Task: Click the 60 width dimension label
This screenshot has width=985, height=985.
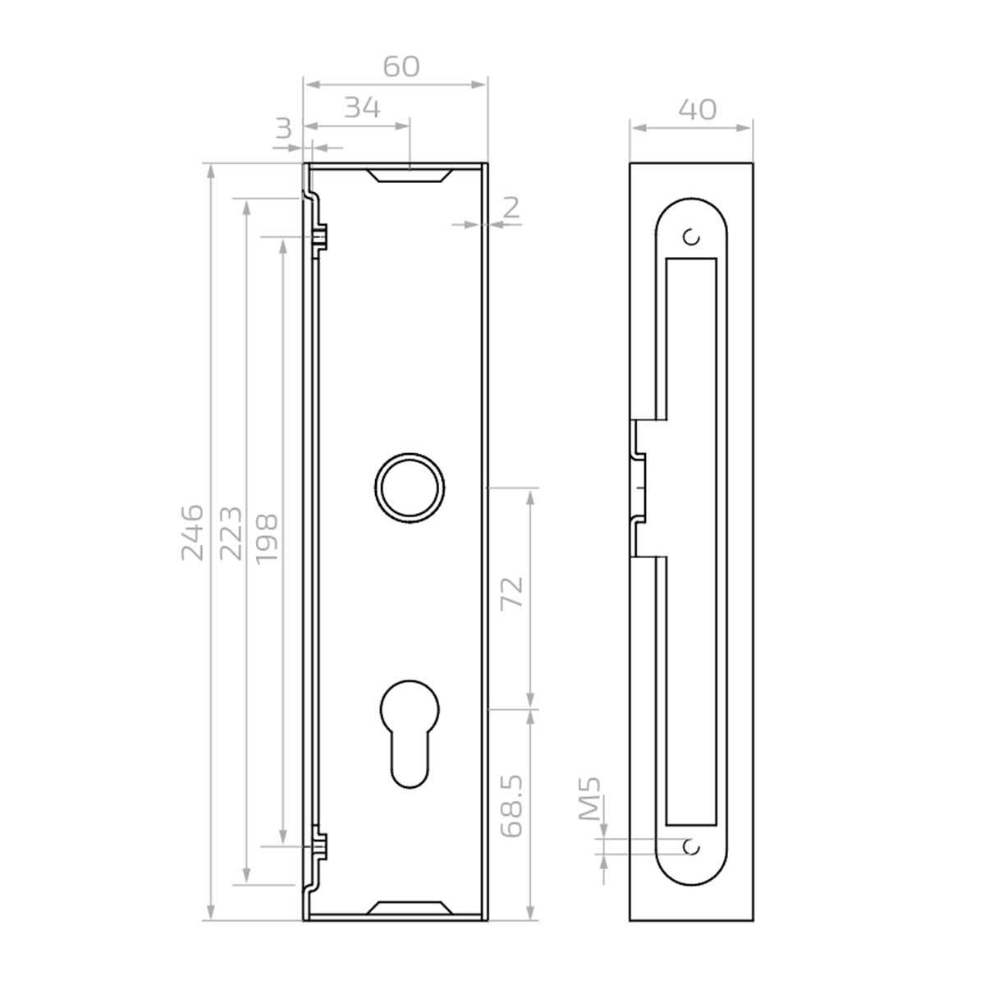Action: click(x=401, y=66)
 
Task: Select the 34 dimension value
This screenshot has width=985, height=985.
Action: click(x=361, y=108)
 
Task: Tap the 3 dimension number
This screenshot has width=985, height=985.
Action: click(x=283, y=128)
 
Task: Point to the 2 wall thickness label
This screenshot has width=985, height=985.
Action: click(x=511, y=208)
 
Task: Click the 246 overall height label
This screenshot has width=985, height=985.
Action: click(x=192, y=532)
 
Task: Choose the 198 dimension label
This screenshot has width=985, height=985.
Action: click(x=267, y=538)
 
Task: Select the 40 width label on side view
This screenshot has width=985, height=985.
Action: click(x=698, y=109)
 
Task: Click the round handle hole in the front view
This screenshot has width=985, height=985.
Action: click(x=410, y=486)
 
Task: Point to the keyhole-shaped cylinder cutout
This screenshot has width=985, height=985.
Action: click(x=407, y=731)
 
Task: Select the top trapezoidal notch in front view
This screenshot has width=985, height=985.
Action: click(x=409, y=174)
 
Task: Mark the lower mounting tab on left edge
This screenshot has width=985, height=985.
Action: click(x=318, y=845)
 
